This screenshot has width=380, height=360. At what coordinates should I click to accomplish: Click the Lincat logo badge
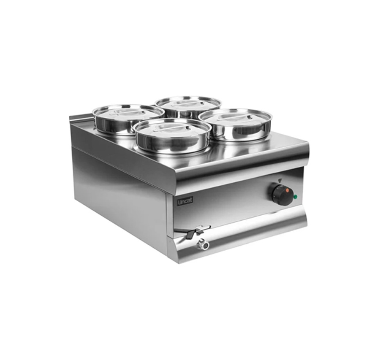pyautogui.click(x=185, y=201)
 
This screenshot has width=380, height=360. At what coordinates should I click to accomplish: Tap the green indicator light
pyautogui.click(x=295, y=197)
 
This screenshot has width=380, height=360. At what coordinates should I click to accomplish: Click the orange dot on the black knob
pyautogui.click(x=288, y=190)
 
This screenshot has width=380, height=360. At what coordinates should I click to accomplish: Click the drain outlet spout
pyautogui.click(x=203, y=245)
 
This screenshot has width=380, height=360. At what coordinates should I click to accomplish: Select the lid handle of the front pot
pyautogui.click(x=171, y=128)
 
